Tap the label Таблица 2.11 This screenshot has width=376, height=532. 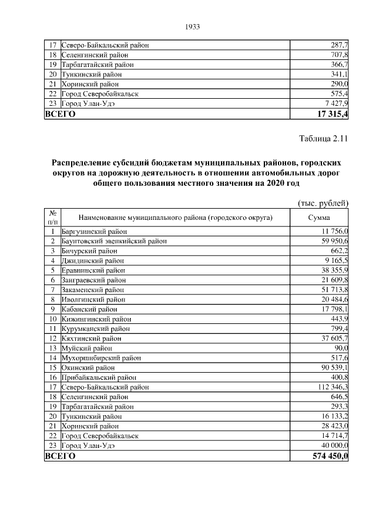pos(324,139)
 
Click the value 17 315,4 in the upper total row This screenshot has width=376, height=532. pos(332,114)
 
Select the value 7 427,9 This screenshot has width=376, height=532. pos(335,104)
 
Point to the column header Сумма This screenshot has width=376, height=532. pos(320,218)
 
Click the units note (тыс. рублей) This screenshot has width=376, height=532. pos(324,203)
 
